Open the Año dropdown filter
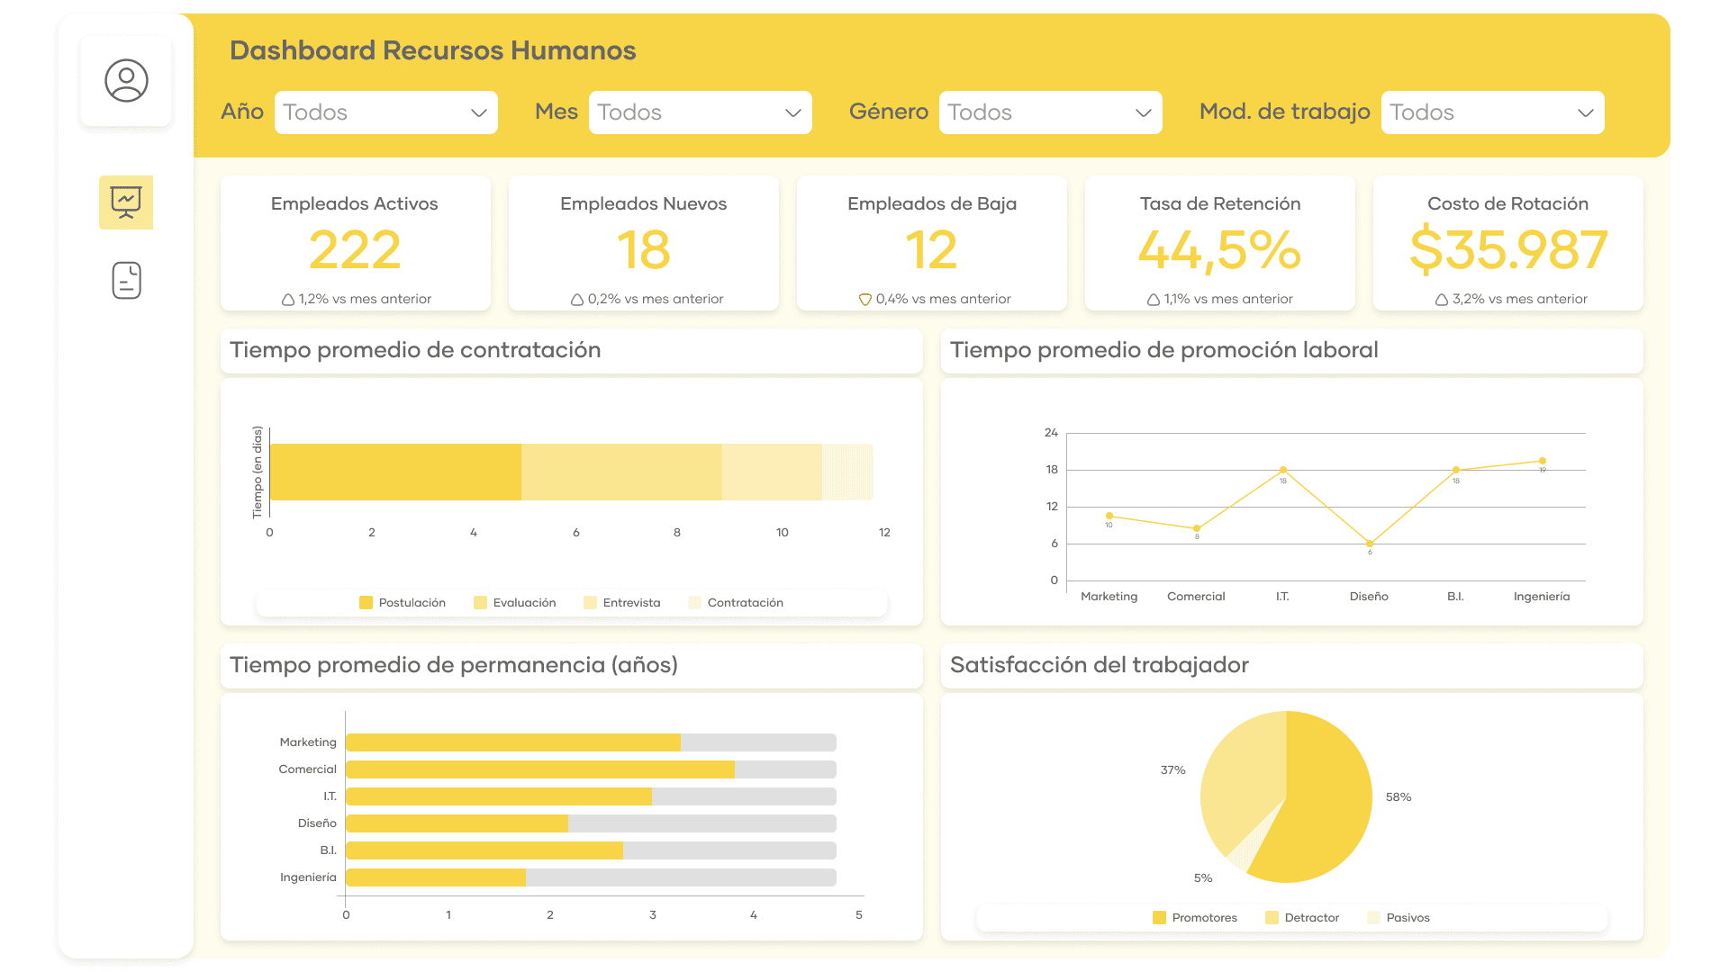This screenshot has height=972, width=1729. (385, 112)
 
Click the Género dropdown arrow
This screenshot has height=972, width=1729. (1143, 112)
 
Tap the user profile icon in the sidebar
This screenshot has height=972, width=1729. (126, 81)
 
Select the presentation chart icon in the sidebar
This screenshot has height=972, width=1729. (126, 202)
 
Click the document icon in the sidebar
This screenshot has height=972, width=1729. (126, 280)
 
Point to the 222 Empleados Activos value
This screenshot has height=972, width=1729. (355, 250)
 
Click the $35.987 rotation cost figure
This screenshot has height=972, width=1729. (1507, 250)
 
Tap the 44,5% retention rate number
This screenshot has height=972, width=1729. (1219, 250)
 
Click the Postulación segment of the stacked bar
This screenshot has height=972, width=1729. (395, 472)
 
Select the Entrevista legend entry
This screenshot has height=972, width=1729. (622, 603)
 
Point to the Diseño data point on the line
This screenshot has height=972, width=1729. (1370, 544)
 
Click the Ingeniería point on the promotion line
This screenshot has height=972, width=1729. (1543, 461)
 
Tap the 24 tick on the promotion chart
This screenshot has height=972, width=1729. (1051, 433)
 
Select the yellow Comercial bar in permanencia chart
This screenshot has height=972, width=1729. (539, 769)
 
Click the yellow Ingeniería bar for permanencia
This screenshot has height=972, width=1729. (435, 877)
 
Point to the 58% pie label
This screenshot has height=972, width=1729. (1398, 797)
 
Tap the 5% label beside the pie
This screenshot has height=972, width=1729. (1203, 878)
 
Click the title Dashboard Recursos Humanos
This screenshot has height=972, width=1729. (432, 50)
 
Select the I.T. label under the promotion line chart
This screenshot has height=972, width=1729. (1282, 597)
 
